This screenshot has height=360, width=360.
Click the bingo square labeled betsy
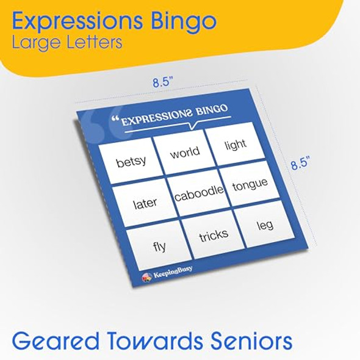click(131, 162)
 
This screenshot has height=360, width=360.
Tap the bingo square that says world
click(184, 153)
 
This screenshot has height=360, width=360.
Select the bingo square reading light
click(235, 144)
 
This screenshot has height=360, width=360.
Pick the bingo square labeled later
click(145, 203)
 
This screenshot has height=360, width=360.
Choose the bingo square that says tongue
click(250, 184)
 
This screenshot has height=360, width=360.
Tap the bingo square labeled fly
click(159, 247)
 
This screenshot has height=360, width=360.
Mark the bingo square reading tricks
click(214, 235)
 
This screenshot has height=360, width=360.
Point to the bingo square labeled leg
click(265, 225)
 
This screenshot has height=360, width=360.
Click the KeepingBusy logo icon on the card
click(146, 278)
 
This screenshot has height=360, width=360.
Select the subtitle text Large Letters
click(67, 43)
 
